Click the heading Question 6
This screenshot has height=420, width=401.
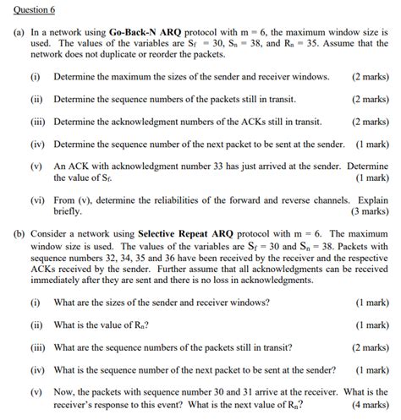[31, 10]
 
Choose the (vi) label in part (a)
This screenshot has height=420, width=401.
[36, 200]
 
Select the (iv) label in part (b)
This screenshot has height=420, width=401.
[36, 369]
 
